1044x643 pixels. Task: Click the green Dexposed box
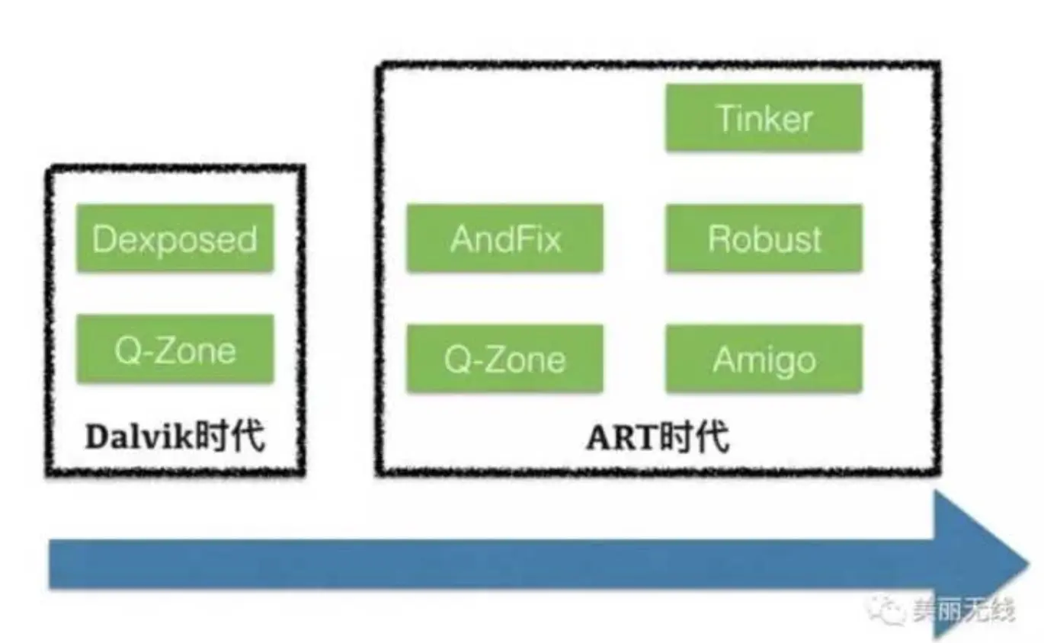click(x=175, y=238)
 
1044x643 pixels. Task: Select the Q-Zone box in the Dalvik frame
click(x=175, y=350)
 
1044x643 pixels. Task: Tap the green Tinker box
click(x=764, y=118)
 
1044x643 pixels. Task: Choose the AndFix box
click(x=504, y=238)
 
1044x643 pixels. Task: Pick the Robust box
click(x=764, y=238)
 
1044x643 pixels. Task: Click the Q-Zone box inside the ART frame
click(x=504, y=359)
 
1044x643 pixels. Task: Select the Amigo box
click(x=764, y=359)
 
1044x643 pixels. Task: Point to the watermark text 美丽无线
click(x=964, y=609)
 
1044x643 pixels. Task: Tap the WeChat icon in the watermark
click(x=889, y=609)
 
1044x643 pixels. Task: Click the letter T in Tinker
click(x=724, y=118)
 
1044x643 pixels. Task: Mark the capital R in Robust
click(x=719, y=238)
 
